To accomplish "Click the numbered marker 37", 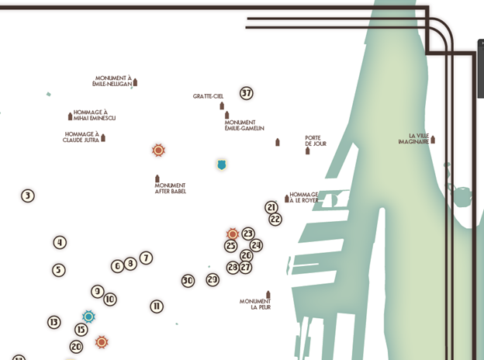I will pos(247,94).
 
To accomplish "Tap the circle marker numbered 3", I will pos(28,196).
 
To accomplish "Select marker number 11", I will pos(157,306).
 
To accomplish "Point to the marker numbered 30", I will pos(188,281).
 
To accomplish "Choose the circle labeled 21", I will pos(271,207).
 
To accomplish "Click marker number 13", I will pos(54,322).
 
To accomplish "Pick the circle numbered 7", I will pos(146,258).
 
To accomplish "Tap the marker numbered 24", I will pos(256,245).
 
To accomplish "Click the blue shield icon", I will pos(222,164).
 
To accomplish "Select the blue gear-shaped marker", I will pos(88,317).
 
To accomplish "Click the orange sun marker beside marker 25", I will pos(232,234).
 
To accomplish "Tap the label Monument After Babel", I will pos(170,189).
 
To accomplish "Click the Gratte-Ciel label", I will pos(208,97).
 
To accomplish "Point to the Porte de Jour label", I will pos(315,141).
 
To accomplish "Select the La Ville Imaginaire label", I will pos(413,139).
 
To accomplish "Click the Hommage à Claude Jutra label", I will pos(81,137).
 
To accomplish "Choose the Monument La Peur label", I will pos(255,304).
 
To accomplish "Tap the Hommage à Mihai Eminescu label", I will pos(95,116).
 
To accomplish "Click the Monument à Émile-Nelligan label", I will pos(112,81).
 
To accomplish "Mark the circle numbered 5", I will pos(59,271).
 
